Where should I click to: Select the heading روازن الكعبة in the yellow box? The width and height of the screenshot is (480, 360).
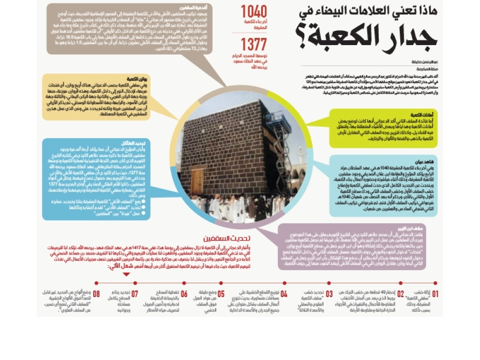[136, 78]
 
